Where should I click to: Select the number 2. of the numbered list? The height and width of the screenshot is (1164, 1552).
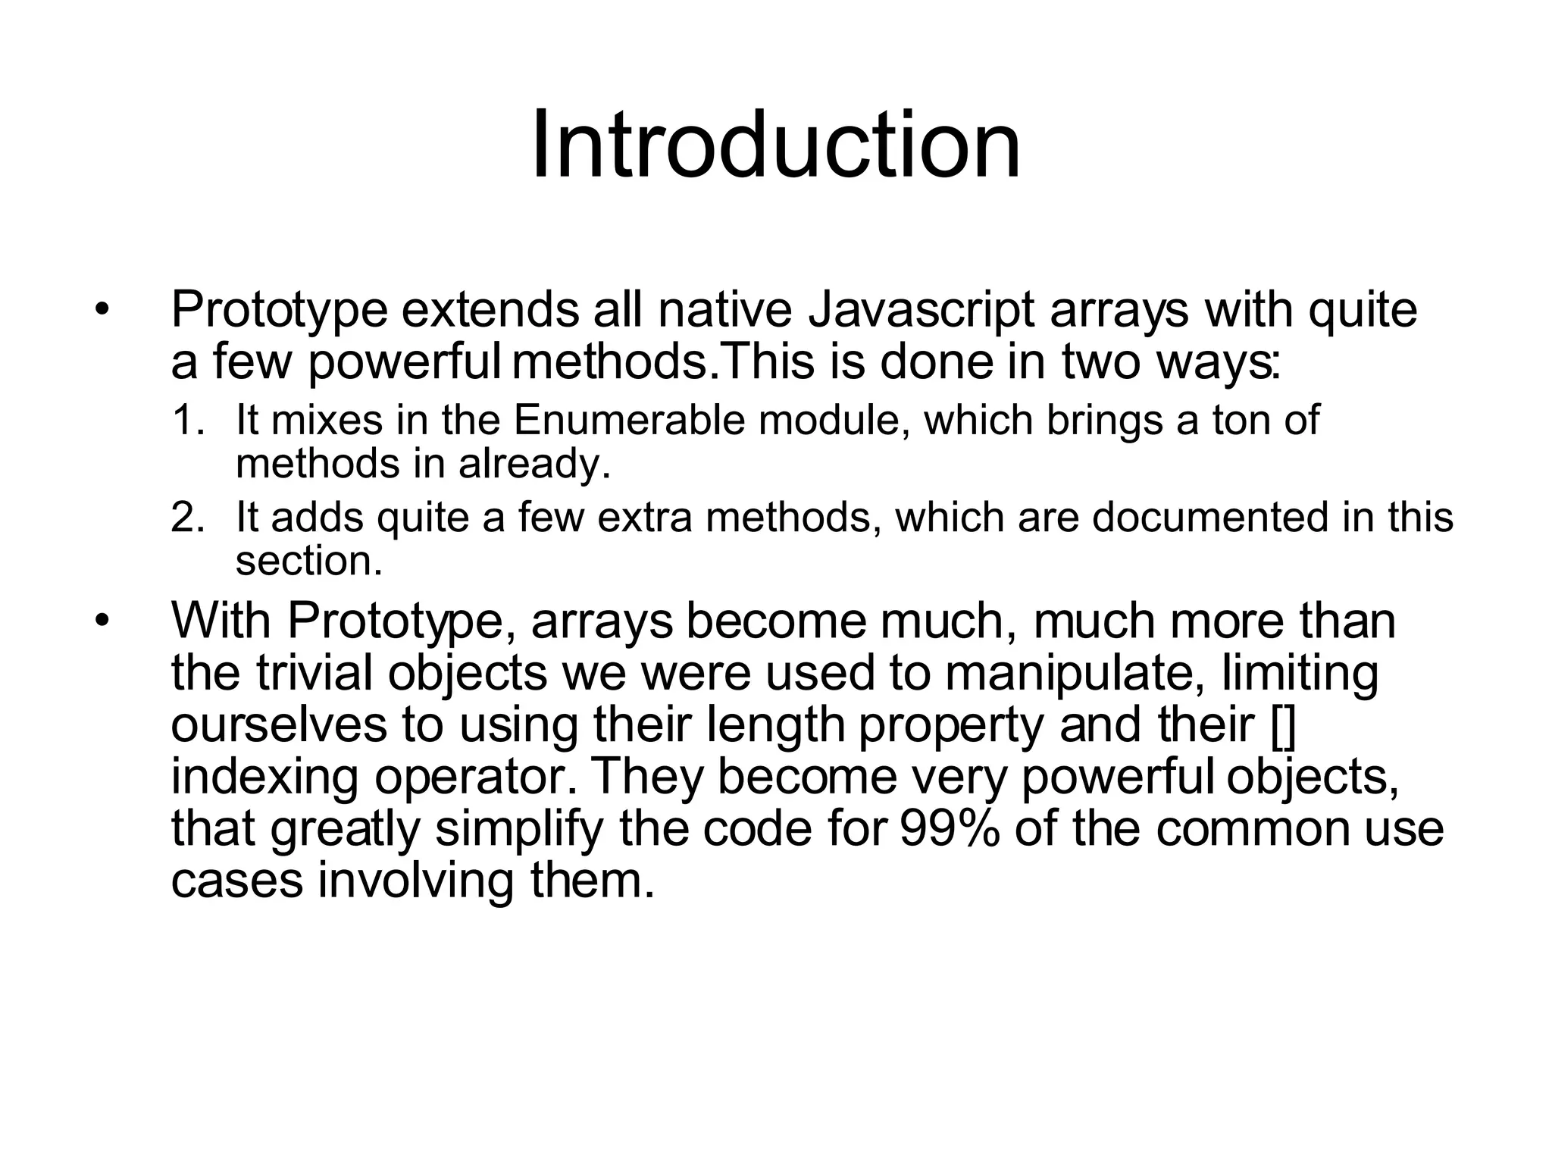coord(188,518)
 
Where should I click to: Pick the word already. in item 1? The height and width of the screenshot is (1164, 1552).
coord(534,463)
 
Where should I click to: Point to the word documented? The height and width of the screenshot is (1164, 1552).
coord(1210,518)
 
